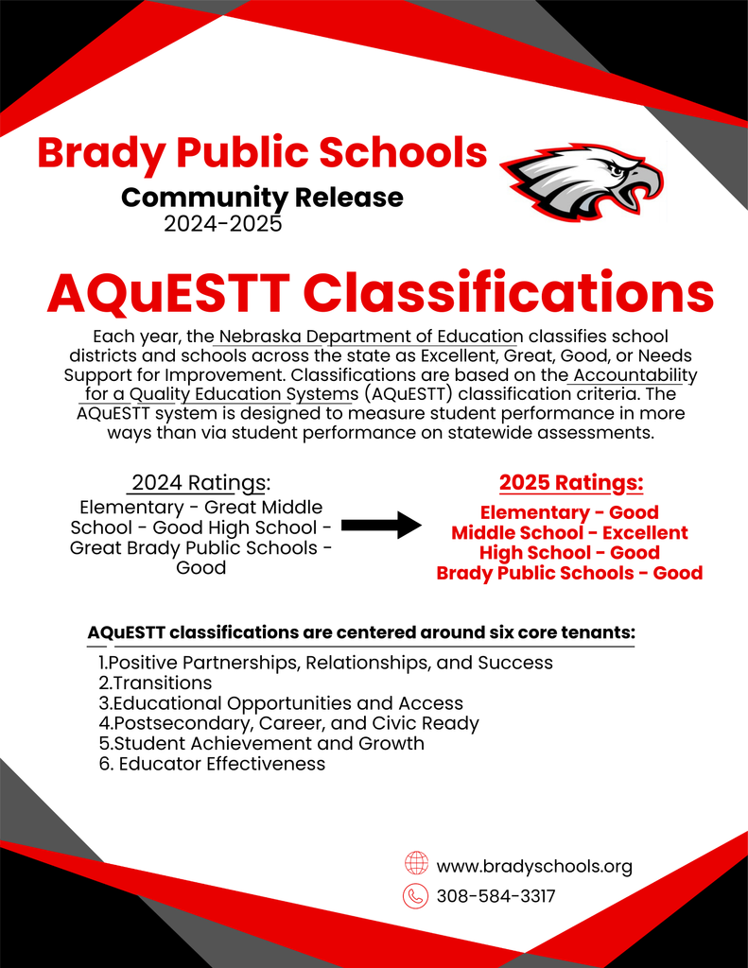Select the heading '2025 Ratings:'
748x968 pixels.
pyautogui.click(x=570, y=483)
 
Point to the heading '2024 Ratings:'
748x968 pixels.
pyautogui.click(x=200, y=482)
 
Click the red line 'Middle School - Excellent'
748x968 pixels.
pyautogui.click(x=569, y=532)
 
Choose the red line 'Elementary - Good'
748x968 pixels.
pyautogui.click(x=569, y=512)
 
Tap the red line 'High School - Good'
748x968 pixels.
pyautogui.click(x=569, y=552)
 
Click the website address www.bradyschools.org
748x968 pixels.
pyautogui.click(x=534, y=866)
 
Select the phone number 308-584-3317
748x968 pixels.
pyautogui.click(x=496, y=896)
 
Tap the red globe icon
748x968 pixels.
pyautogui.click(x=416, y=864)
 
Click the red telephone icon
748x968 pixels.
pyautogui.click(x=416, y=895)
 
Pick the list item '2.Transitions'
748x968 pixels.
pyautogui.click(x=155, y=683)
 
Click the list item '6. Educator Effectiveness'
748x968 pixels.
pyautogui.click(x=212, y=764)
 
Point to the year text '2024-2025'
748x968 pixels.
pyautogui.click(x=222, y=224)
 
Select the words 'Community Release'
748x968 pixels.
pyautogui.click(x=262, y=198)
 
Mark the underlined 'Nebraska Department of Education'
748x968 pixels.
pyautogui.click(x=371, y=337)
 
